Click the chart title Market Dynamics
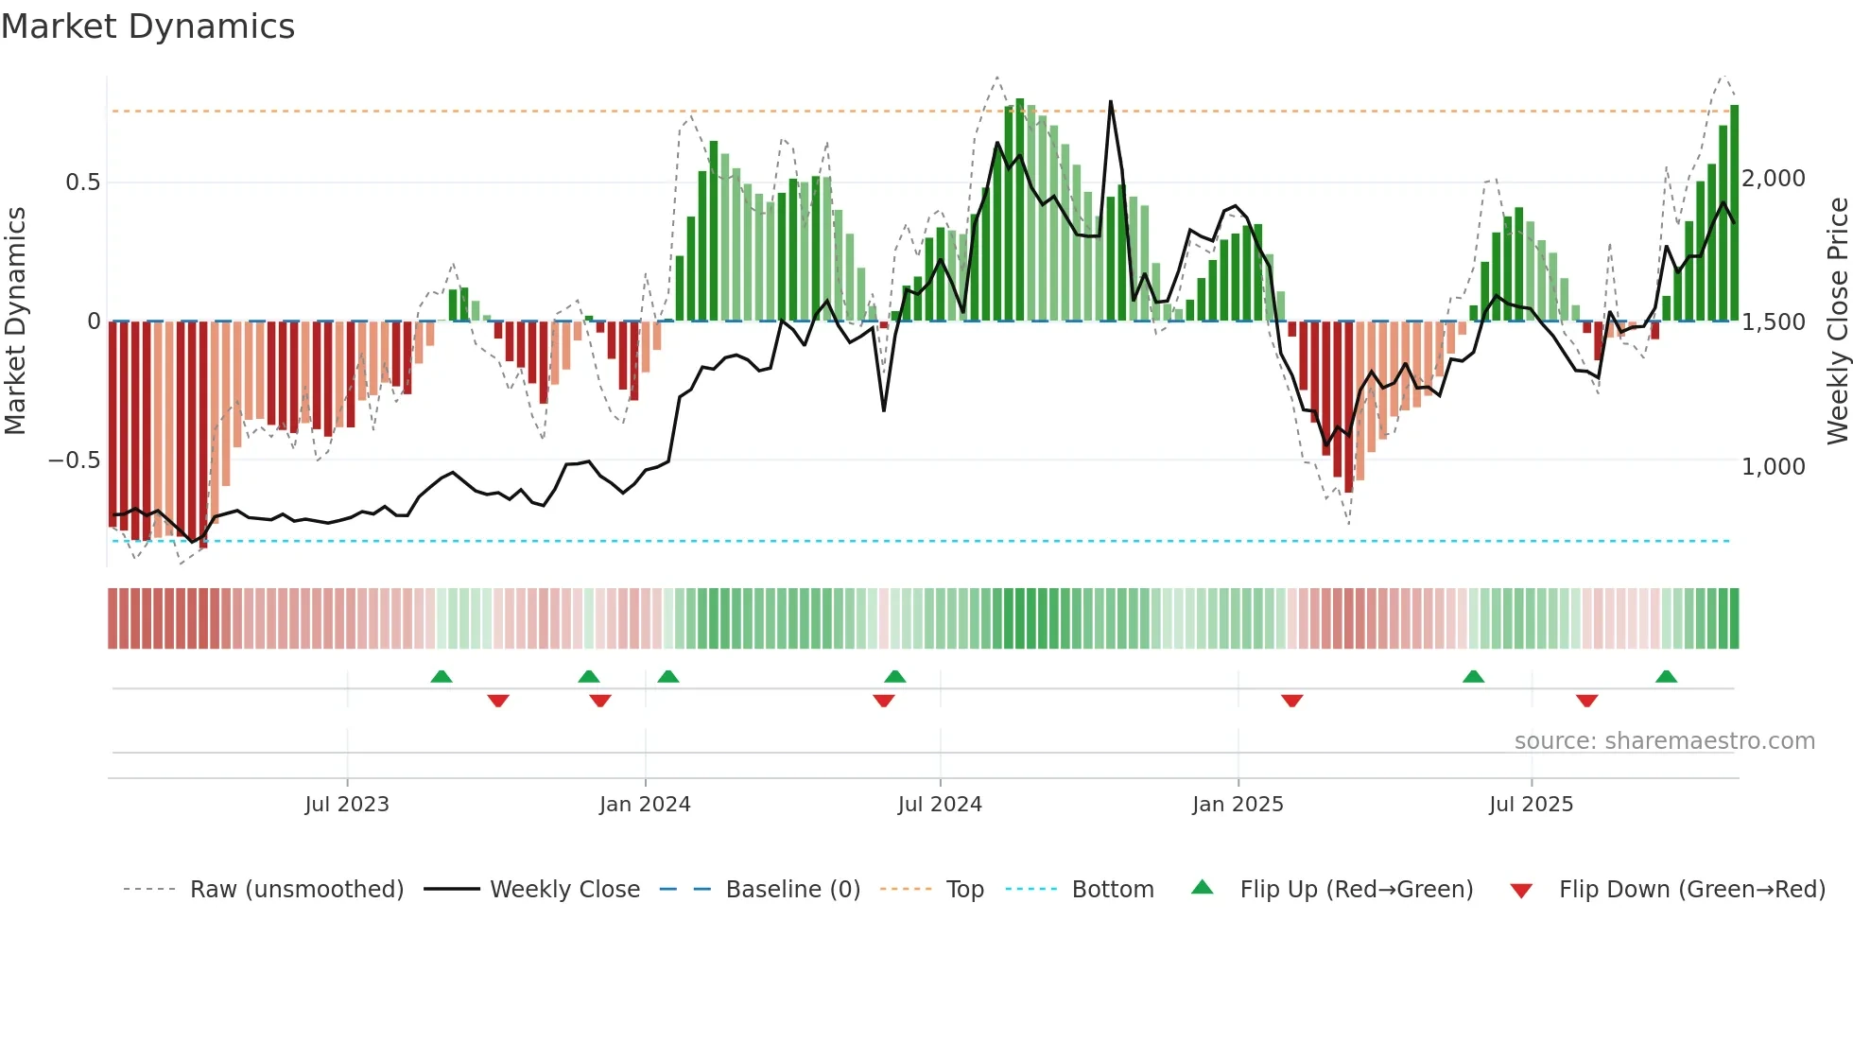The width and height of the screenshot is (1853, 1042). click(x=147, y=26)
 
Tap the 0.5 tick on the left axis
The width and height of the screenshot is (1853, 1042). click(x=82, y=182)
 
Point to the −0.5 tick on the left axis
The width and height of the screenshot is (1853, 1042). click(x=74, y=460)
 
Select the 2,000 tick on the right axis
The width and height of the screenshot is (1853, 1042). click(x=1774, y=179)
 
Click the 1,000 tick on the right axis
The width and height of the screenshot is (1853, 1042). click(x=1774, y=467)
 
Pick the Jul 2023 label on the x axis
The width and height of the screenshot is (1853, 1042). click(x=347, y=805)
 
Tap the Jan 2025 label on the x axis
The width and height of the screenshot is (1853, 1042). click(x=1238, y=805)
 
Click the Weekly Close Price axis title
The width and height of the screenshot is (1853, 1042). click(x=1837, y=321)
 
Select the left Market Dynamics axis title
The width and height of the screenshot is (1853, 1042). click(x=15, y=321)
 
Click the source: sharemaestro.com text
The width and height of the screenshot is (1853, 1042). click(x=1664, y=741)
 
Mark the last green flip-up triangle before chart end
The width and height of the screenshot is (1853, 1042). click(x=1666, y=677)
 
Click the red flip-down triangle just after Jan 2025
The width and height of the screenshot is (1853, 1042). click(x=1291, y=701)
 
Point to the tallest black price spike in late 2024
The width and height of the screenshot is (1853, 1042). click(x=1110, y=102)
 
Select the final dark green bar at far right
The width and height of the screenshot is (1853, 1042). click(x=1734, y=213)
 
